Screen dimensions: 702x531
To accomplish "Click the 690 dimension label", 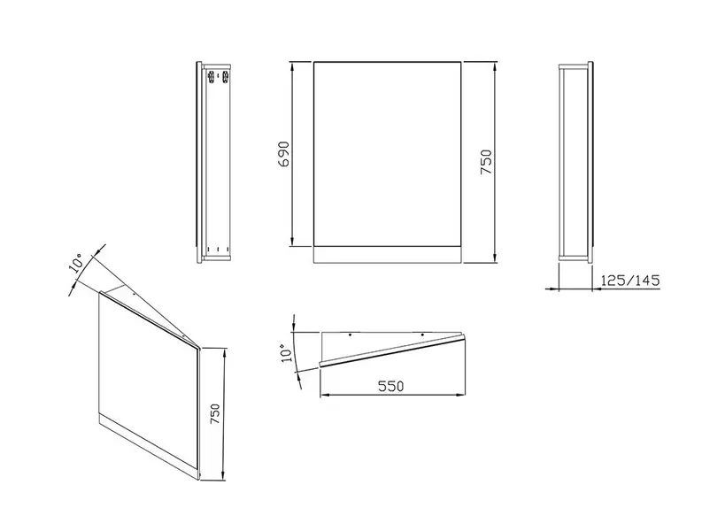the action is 284,155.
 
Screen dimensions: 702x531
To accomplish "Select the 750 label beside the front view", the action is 486,162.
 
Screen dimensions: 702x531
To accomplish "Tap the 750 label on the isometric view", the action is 215,414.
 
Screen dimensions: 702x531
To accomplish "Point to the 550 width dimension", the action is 391,386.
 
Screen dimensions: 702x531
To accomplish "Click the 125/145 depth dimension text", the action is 630,281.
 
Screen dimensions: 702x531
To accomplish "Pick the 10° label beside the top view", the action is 286,352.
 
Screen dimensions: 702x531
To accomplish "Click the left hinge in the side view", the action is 211,75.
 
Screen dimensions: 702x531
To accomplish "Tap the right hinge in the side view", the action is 226,75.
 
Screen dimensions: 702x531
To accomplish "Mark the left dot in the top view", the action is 350,335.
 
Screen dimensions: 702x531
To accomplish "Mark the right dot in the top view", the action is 421,335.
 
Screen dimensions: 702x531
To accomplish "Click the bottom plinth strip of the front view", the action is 388,254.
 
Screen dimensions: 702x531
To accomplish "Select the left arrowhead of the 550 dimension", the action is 326,395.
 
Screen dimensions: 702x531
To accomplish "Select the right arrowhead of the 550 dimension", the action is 459,395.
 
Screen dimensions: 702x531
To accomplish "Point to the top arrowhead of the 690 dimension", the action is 292,66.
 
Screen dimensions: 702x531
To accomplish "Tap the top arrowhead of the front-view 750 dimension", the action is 495,67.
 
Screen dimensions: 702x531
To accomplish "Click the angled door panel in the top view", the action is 393,351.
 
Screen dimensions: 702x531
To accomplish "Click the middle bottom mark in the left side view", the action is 217,249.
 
